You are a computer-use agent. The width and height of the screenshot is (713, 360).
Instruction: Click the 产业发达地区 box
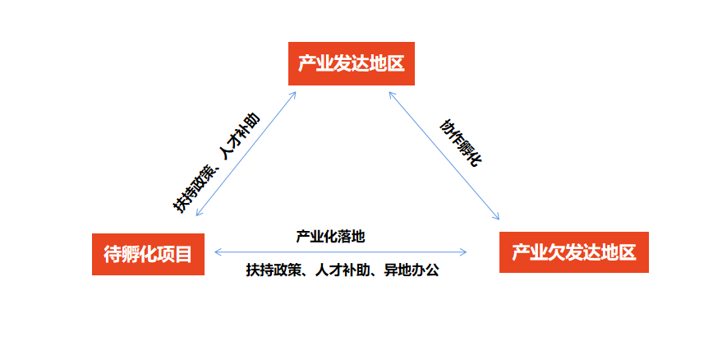[352, 63]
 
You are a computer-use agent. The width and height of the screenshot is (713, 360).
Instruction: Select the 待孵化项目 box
[148, 254]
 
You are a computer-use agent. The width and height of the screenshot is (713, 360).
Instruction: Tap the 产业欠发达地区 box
[573, 252]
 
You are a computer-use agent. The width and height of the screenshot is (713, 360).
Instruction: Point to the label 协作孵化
[460, 142]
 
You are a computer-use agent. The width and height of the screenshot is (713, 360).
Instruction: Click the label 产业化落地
[330, 236]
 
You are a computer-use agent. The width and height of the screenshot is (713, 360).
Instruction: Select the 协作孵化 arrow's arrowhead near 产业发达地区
[391, 95]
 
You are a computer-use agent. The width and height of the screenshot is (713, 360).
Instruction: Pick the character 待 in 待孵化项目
[112, 254]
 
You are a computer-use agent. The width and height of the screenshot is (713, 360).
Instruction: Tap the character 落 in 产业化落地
[344, 236]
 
